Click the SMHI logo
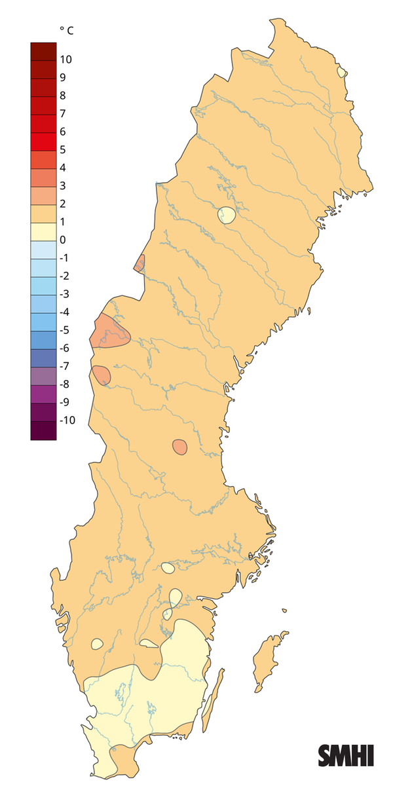(x=346, y=755)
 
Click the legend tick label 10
(x=65, y=60)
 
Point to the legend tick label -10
(x=67, y=420)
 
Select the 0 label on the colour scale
(x=62, y=240)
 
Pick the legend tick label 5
(x=62, y=149)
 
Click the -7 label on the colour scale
(x=64, y=365)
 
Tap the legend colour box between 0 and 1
(x=43, y=231)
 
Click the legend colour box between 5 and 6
(x=43, y=141)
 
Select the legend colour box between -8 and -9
(x=43, y=393)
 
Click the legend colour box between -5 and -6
(x=43, y=339)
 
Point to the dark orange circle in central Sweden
(x=179, y=447)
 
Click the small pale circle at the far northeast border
(x=341, y=71)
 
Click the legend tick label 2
(x=62, y=204)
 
